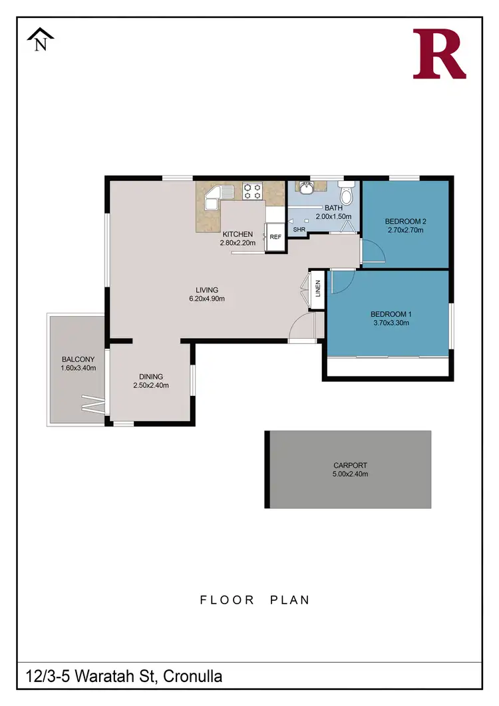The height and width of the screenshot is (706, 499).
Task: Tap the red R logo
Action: click(x=438, y=54)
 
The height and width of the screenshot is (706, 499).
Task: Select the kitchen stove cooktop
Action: click(x=253, y=192)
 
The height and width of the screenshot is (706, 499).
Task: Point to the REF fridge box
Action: click(x=275, y=236)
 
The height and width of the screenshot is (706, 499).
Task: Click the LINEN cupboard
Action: click(x=317, y=289)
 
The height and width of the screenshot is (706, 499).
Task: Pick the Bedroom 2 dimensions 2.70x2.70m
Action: click(x=405, y=230)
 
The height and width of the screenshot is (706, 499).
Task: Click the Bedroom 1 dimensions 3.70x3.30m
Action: click(x=389, y=323)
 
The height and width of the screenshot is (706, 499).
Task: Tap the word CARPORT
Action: click(x=350, y=466)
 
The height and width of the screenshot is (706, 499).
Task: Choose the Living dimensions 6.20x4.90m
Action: click(x=206, y=299)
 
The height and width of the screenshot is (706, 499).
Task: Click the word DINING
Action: click(x=151, y=376)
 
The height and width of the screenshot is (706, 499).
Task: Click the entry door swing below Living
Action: click(x=303, y=329)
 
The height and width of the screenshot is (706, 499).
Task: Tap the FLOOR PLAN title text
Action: click(x=255, y=600)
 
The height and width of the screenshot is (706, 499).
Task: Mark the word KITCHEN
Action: click(x=237, y=234)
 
